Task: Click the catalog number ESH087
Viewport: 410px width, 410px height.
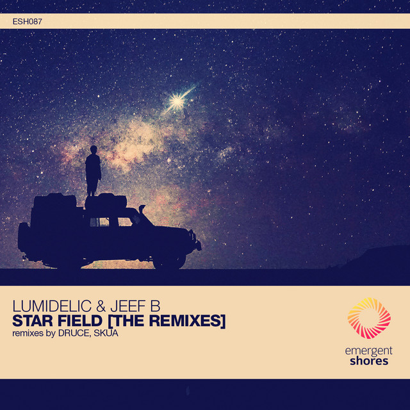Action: click(27, 21)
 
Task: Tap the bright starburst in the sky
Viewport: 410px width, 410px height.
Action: click(177, 101)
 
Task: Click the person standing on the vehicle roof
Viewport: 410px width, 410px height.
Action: click(93, 170)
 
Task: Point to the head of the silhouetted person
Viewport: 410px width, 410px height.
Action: click(94, 149)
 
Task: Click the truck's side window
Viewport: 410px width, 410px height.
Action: click(99, 222)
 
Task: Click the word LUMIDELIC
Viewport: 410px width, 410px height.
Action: click(52, 306)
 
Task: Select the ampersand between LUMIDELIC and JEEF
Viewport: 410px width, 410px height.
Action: click(101, 306)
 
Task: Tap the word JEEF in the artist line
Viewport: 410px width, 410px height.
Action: click(128, 306)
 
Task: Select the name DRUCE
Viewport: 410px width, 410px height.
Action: click(74, 333)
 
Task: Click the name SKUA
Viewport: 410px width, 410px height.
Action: click(106, 333)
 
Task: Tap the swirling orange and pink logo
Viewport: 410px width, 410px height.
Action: click(369, 318)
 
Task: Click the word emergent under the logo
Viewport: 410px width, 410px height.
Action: click(369, 351)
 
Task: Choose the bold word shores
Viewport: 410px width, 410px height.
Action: click(369, 361)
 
